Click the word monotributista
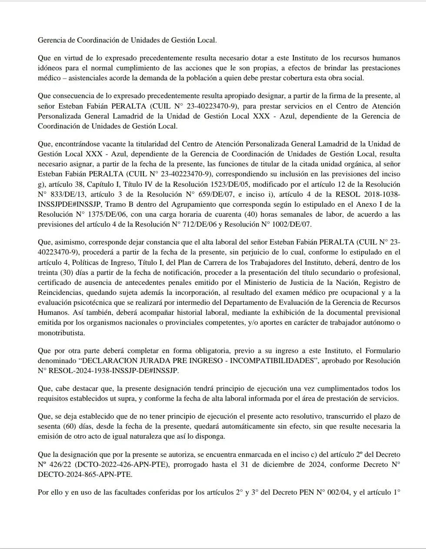[x=61, y=333]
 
